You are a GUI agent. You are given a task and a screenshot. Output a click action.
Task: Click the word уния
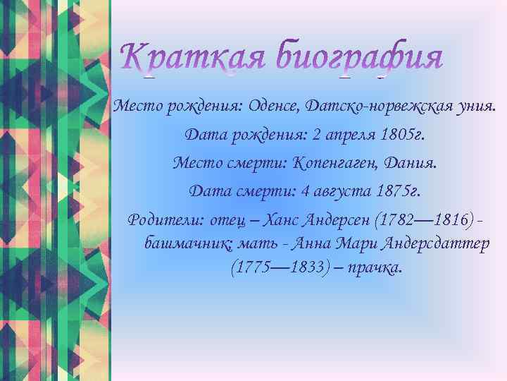(x=475, y=107)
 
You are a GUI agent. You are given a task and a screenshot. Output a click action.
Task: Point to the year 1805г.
(x=400, y=134)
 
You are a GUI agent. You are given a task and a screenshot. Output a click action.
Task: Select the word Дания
(x=411, y=163)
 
